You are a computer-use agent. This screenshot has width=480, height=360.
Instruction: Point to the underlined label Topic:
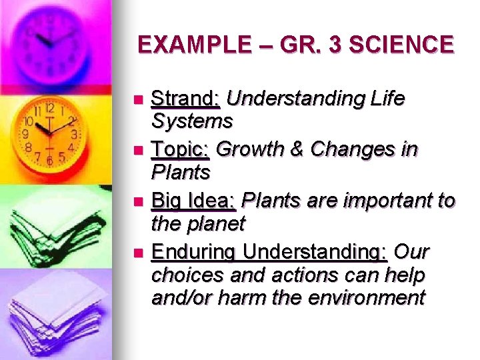pyautogui.click(x=181, y=150)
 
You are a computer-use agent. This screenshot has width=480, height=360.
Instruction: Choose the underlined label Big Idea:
pyautogui.click(x=194, y=201)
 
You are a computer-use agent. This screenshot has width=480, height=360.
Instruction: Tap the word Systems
pyautogui.click(x=192, y=121)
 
